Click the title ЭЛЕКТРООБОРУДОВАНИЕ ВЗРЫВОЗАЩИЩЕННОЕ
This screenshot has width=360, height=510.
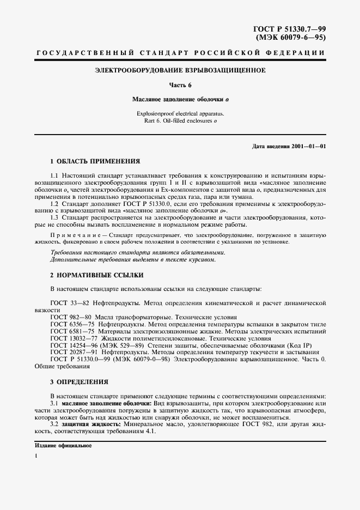180,70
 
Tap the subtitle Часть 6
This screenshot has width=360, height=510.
180,86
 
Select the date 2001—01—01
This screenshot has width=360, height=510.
310,147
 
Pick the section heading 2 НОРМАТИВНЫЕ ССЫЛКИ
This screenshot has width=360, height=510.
89,276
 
